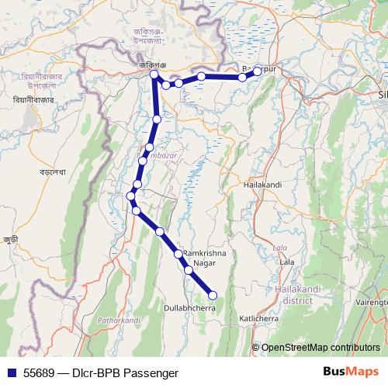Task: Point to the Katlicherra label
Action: pos(258,318)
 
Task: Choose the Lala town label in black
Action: pos(287,263)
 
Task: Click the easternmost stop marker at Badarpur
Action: pos(258,71)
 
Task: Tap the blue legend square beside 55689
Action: pos(11,373)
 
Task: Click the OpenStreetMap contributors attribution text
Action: pos(320,348)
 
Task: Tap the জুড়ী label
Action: pos(9,240)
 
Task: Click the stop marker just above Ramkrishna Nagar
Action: pos(178,254)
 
